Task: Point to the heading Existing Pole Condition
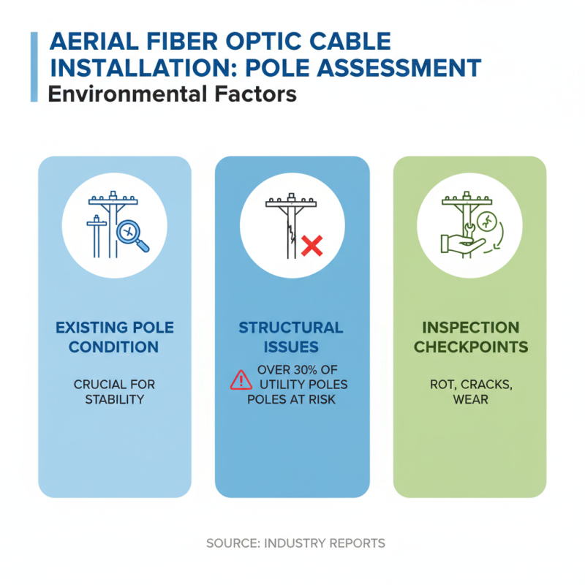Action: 115,336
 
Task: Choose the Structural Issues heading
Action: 291,336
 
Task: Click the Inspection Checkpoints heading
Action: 469,336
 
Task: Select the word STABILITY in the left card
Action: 115,399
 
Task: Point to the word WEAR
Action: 469,400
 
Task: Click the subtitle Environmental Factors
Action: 172,94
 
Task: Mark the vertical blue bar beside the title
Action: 34,67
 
